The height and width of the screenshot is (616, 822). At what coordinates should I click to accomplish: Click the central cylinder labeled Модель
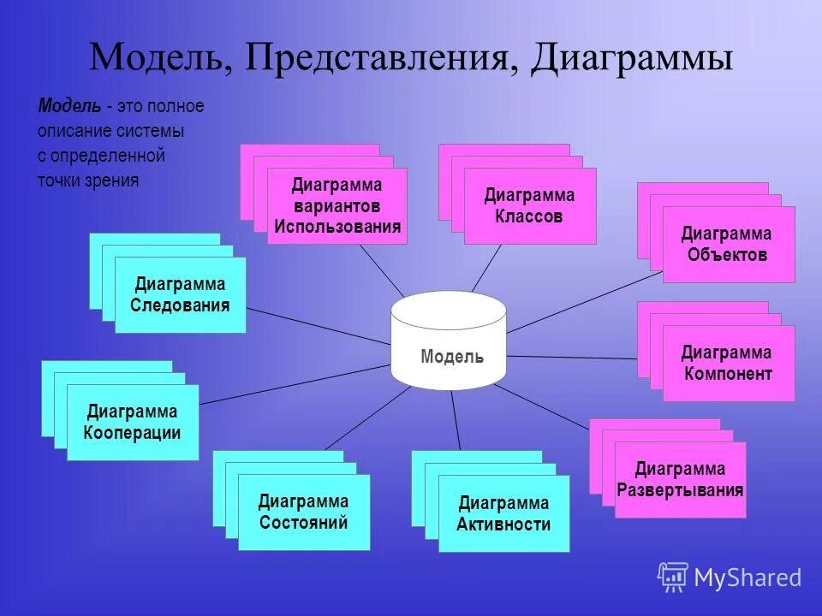click(448, 342)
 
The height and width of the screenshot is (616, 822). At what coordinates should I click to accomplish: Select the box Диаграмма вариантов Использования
click(337, 206)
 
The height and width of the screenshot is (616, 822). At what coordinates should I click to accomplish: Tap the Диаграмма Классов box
click(529, 206)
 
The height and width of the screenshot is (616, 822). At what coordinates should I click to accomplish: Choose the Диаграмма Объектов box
click(728, 244)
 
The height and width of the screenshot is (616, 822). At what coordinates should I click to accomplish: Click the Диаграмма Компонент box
click(728, 363)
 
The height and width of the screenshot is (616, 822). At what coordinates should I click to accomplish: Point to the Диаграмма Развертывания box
click(680, 480)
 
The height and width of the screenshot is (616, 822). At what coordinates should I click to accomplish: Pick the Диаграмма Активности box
click(503, 513)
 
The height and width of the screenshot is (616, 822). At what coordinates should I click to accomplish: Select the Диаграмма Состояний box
click(304, 512)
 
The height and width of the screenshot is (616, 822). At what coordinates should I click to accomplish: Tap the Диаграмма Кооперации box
click(133, 422)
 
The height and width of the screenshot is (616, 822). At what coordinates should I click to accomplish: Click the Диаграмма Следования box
click(180, 294)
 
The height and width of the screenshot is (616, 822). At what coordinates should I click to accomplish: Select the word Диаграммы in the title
click(631, 58)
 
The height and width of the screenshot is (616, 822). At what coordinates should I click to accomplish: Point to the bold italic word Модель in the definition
click(68, 106)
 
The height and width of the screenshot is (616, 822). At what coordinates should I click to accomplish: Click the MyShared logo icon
click(673, 577)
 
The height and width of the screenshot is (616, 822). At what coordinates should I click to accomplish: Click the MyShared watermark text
click(748, 578)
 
